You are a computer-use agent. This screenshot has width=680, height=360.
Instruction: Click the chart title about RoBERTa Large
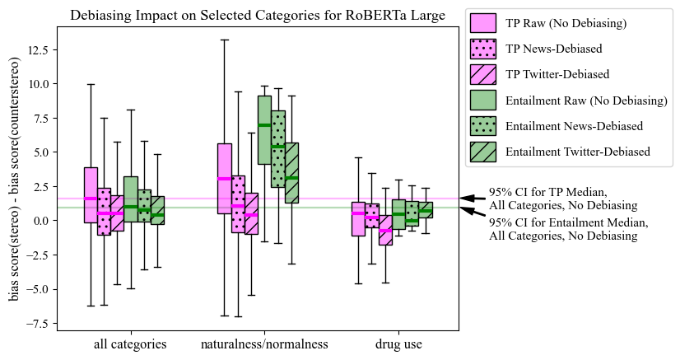point(258,15)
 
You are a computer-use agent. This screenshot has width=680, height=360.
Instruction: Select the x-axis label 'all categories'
point(130,344)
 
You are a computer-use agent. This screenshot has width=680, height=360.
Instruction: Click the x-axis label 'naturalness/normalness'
point(264,344)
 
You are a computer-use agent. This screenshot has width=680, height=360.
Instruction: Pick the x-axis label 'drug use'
point(398,344)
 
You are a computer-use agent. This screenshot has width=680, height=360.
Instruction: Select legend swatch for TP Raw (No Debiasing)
point(482,23)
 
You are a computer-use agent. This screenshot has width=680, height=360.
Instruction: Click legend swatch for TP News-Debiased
point(482,49)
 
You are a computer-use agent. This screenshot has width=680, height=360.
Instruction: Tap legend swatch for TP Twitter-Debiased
point(482,74)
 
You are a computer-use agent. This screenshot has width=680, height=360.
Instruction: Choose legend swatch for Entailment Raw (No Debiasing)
point(482,100)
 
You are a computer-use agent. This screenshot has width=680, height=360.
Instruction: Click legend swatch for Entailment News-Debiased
point(482,125)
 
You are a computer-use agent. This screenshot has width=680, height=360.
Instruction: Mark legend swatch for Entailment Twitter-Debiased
point(482,151)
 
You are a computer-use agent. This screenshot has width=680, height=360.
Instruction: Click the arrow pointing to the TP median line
point(472,198)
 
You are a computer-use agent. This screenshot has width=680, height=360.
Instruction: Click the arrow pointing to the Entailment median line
point(472,213)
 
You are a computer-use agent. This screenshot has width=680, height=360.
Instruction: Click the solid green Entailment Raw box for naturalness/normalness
point(264,129)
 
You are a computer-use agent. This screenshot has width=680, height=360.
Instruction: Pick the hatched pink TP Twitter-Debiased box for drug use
point(385,230)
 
